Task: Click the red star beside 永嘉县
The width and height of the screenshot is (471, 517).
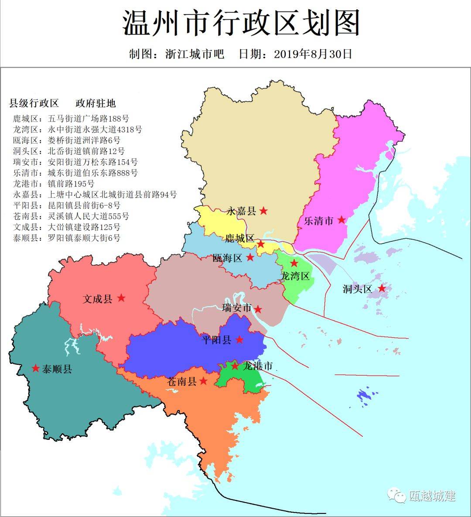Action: coord(263,211)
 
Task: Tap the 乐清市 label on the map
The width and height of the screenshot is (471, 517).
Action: coord(318,221)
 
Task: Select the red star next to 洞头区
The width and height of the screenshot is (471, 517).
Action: coord(382,288)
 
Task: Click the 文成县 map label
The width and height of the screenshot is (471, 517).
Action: coord(98,299)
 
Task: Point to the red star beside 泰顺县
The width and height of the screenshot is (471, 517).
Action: coord(36,368)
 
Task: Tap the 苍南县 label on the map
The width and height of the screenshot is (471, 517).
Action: coord(182,381)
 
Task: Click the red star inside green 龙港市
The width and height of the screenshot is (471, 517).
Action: coord(235,366)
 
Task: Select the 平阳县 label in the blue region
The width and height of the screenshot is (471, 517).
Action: coord(216,340)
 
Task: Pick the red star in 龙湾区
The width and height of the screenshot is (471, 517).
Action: coord(294,263)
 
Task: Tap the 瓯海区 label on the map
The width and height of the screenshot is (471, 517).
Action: coord(227,258)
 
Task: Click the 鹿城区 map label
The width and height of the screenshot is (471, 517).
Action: coord(239,238)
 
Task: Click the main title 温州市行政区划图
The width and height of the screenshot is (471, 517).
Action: coord(241,24)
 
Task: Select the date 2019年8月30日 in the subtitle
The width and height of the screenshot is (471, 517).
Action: coord(313,54)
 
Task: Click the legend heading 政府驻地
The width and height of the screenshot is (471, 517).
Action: coord(96,103)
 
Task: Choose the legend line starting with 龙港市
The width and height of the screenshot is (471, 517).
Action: coord(54,184)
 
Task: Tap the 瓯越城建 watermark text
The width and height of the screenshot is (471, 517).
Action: coord(432,496)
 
